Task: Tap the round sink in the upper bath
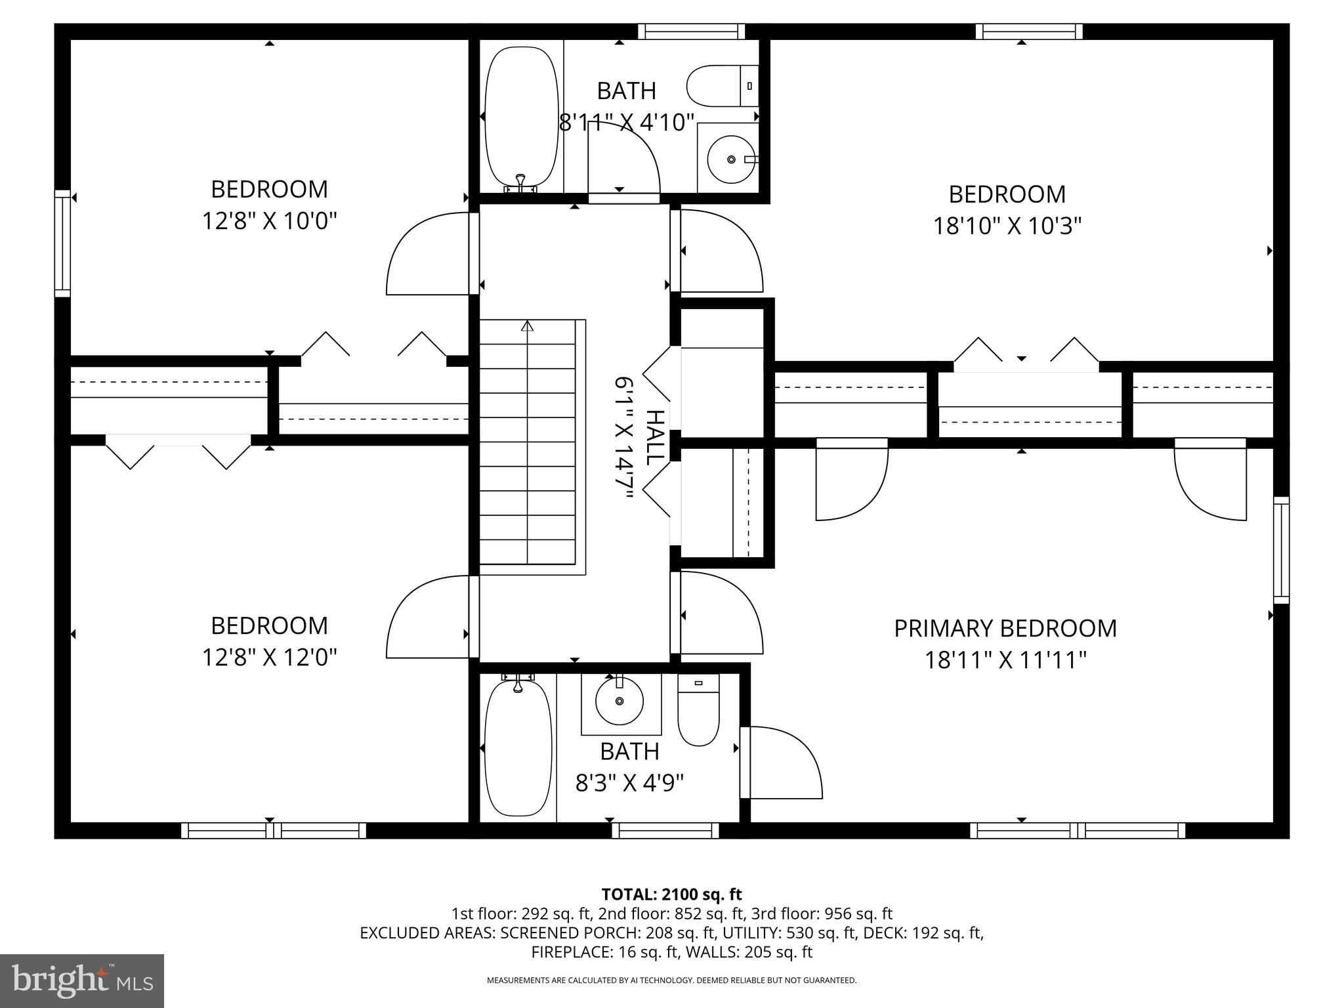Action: tap(730, 159)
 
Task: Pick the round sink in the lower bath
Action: tap(619, 702)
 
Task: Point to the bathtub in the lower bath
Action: tap(518, 749)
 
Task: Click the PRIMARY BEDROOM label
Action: tap(1005, 628)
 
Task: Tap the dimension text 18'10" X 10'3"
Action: tap(1007, 226)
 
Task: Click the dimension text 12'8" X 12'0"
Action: tap(269, 657)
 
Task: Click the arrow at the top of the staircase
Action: tap(527, 325)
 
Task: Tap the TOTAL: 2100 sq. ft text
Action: tap(671, 894)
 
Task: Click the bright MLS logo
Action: tap(82, 981)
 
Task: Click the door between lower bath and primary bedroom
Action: tap(781, 763)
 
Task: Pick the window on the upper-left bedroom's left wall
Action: tap(62, 243)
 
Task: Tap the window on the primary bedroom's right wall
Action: tap(1281, 550)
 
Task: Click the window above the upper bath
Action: tap(691, 31)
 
